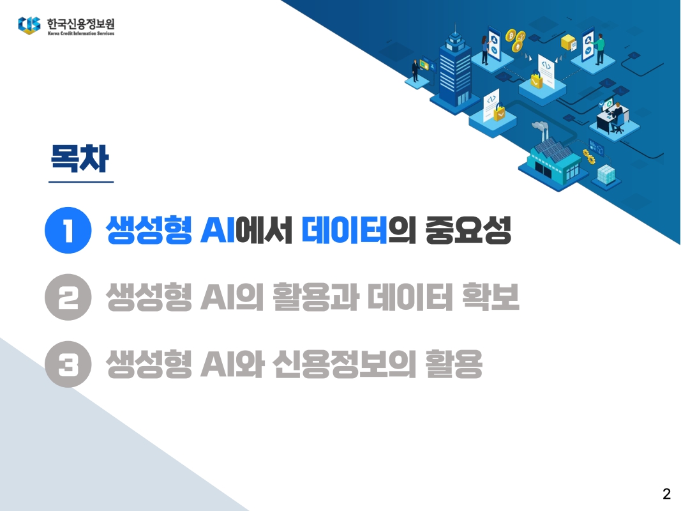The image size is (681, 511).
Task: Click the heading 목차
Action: (x=80, y=159)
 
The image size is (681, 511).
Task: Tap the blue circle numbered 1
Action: (x=66, y=232)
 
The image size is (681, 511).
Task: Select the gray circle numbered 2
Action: (x=66, y=298)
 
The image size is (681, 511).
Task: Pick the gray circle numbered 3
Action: (x=66, y=365)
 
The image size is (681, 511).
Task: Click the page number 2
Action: (x=666, y=493)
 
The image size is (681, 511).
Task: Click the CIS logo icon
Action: (x=29, y=26)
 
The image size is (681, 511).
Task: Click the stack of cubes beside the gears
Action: (x=606, y=172)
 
